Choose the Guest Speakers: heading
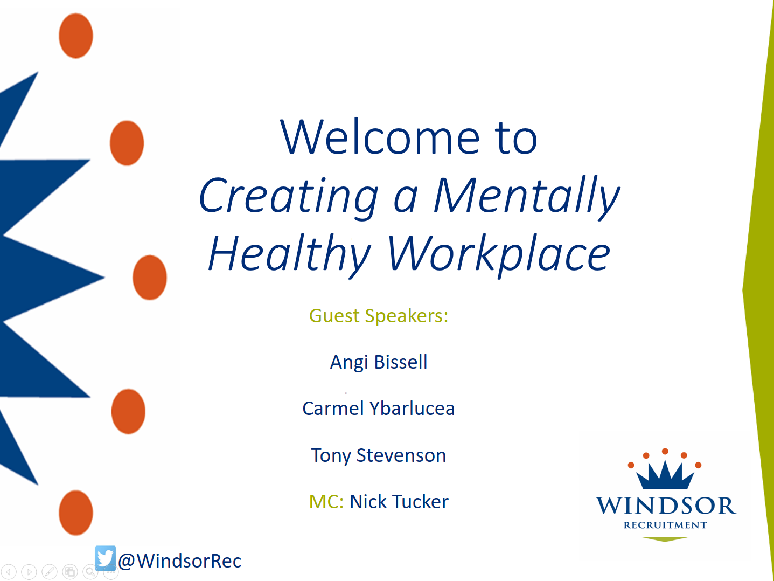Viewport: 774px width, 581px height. pyautogui.click(x=378, y=316)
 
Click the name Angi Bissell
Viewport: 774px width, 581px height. pyautogui.click(x=378, y=362)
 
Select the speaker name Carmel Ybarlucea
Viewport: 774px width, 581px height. pyautogui.click(x=378, y=409)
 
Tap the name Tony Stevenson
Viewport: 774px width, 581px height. pyautogui.click(x=378, y=455)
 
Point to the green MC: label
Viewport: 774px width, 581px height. pyautogui.click(x=326, y=502)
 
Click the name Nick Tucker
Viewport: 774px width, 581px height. pyautogui.click(x=399, y=502)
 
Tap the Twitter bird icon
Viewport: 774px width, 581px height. pyautogui.click(x=106, y=557)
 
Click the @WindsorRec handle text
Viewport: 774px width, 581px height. pyautogui.click(x=180, y=561)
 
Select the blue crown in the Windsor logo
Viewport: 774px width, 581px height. pyautogui.click(x=665, y=475)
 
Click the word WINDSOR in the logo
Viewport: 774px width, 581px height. pyautogui.click(x=666, y=506)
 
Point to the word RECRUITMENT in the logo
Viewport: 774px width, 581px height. pyautogui.click(x=665, y=525)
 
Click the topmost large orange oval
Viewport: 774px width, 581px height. pyautogui.click(x=76, y=36)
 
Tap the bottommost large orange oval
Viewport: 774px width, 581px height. pyautogui.click(x=76, y=513)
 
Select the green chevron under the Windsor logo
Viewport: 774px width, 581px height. pyautogui.click(x=665, y=539)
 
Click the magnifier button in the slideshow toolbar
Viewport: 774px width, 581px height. pyautogui.click(x=90, y=572)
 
